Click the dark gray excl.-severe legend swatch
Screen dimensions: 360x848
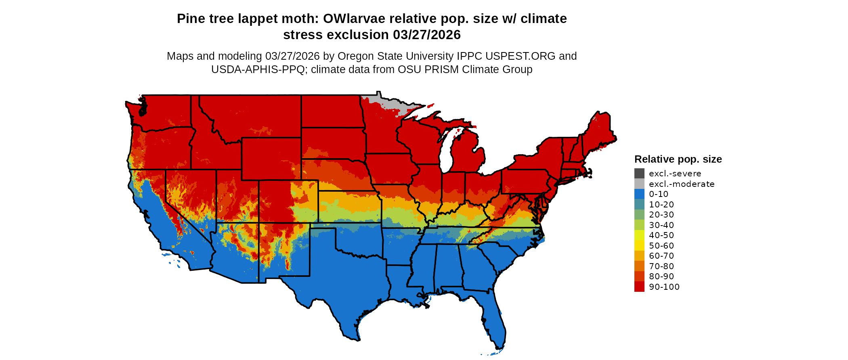tap(639, 174)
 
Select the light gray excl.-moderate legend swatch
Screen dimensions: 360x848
tap(639, 184)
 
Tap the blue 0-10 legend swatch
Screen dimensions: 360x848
tap(639, 194)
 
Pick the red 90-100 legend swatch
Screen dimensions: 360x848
tap(639, 287)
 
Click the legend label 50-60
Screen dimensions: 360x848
tap(661, 246)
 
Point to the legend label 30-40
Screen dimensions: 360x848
tap(661, 225)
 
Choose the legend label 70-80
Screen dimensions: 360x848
tap(661, 266)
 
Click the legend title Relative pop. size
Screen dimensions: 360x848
tap(678, 159)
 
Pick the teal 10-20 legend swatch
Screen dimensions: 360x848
tap(639, 205)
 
